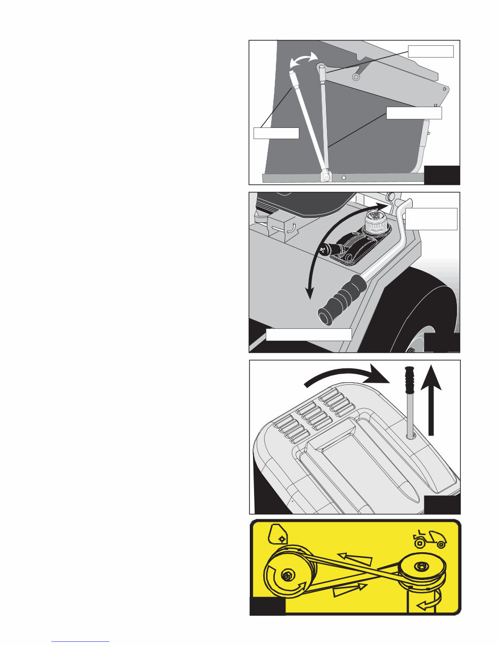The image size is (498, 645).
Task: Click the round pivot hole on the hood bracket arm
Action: point(356,77)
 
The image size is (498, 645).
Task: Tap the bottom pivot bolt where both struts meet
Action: point(324,176)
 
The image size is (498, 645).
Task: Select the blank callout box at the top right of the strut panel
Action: point(430,51)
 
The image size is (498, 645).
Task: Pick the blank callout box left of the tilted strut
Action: point(275,133)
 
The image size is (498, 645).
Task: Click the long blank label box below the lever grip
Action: point(308,334)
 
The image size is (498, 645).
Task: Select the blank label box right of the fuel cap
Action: point(431,219)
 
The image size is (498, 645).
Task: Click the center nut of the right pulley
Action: point(422,566)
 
